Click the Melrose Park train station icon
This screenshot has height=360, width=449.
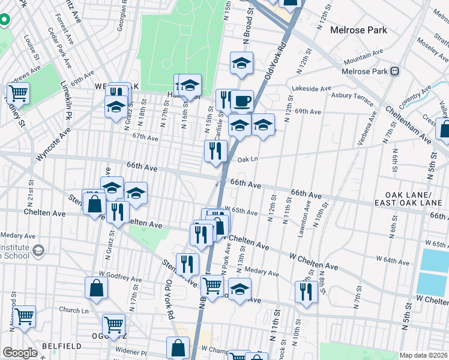395,71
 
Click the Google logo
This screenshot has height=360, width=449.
20,353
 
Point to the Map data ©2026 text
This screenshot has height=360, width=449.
423,355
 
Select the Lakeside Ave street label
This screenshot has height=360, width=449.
312,88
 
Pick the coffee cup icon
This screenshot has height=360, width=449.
242,101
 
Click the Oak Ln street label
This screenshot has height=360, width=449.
247,160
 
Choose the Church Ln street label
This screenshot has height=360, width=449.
73,310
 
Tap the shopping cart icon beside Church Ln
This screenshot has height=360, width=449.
24,316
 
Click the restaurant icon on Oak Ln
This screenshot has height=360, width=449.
214,150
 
